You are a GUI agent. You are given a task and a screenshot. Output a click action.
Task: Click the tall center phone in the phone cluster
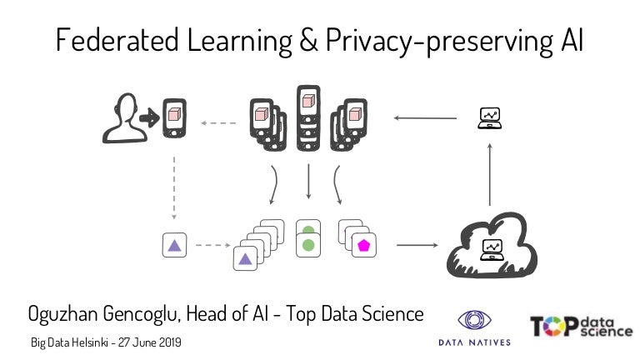[308, 117]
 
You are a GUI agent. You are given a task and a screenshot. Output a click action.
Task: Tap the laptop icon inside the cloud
[492, 249]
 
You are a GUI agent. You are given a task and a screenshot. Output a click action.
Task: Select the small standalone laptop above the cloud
[489, 118]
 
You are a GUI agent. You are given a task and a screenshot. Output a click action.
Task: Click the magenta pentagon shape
[363, 245]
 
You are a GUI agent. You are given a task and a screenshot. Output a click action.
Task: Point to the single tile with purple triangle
[174, 245]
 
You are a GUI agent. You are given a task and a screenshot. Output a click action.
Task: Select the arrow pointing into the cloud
[417, 245]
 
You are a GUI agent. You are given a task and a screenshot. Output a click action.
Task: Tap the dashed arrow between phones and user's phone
[220, 124]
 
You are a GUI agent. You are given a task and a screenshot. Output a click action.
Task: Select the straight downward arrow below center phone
[308, 181]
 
